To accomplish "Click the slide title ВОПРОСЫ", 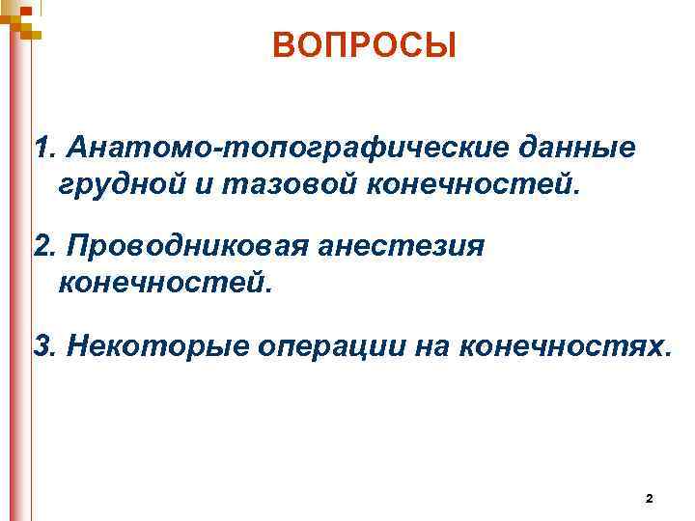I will pos(364,45).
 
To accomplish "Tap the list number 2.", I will pos(42,248).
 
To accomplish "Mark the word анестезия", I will pos(397,248).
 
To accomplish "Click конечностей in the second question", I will pos(164,284).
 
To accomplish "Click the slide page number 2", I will pos(648,498).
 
